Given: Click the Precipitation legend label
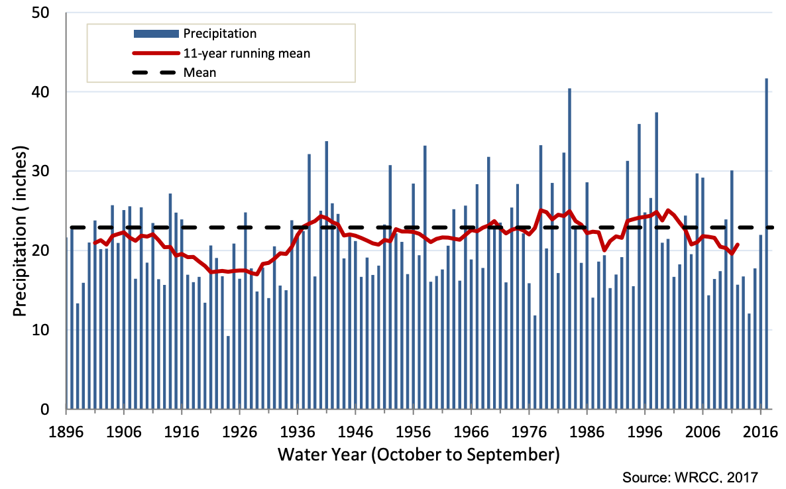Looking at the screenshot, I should point(220,33).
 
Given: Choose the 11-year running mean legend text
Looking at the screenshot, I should point(247,53).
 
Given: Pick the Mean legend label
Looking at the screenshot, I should point(199,73).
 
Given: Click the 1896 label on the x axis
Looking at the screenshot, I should point(67,432).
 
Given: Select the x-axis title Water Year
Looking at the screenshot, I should point(419,455).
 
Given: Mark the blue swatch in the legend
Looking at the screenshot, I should point(156,33).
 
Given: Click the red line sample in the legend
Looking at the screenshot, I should point(156,53).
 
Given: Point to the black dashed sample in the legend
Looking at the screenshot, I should point(156,73).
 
